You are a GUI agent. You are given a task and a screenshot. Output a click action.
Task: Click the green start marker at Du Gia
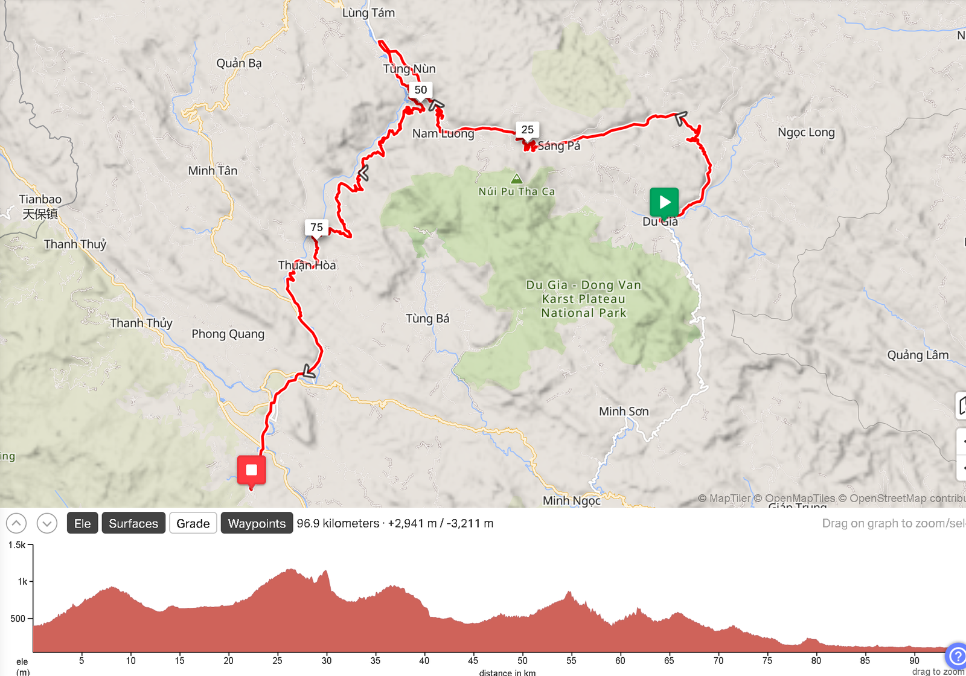tap(664, 202)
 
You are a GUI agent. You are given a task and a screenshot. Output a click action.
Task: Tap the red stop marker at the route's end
tap(251, 470)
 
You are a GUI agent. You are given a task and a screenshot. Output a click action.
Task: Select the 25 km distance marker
tap(527, 130)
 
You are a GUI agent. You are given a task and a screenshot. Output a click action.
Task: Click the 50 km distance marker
tap(421, 90)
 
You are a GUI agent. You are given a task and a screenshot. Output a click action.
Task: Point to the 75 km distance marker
tap(316, 228)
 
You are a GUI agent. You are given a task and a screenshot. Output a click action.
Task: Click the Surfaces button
tap(133, 523)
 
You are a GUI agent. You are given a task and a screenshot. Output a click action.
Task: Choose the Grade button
tap(193, 523)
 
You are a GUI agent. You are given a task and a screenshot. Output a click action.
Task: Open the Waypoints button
tap(257, 523)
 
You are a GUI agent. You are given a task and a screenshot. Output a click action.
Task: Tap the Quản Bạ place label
tap(239, 63)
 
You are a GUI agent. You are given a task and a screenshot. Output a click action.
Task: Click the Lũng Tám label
tap(368, 13)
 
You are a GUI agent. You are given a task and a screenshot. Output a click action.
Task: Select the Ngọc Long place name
tap(806, 133)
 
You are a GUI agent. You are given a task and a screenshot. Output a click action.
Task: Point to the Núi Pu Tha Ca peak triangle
tap(516, 179)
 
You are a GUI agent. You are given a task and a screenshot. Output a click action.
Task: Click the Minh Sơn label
tap(624, 412)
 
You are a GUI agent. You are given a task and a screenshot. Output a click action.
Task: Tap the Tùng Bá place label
tap(427, 319)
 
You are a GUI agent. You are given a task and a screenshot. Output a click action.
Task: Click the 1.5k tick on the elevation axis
tap(17, 545)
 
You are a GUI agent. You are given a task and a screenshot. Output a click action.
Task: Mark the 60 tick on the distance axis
tap(620, 660)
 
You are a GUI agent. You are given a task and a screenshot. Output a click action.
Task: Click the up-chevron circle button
tap(16, 523)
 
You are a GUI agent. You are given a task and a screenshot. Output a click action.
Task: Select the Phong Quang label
tap(228, 334)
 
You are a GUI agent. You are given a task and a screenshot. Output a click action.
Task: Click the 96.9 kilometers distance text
tap(338, 523)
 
